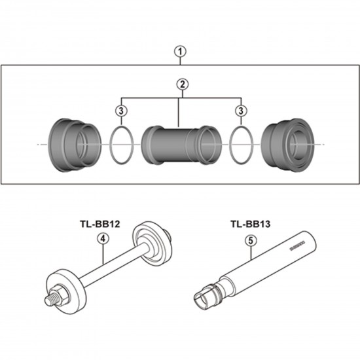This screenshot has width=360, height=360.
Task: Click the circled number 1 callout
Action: (180, 52)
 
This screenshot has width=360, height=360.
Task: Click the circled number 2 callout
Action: (183, 84)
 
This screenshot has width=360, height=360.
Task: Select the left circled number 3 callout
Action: (121, 111)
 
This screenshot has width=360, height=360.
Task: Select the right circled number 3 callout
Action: (241, 111)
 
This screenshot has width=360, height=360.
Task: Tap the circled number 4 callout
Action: (103, 239)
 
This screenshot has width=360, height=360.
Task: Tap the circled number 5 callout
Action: (251, 241)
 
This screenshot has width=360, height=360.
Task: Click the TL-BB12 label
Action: (100, 224)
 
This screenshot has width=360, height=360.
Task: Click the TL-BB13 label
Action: (251, 224)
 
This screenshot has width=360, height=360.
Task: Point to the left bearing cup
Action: (75, 145)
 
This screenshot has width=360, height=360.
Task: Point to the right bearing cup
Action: (288, 145)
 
